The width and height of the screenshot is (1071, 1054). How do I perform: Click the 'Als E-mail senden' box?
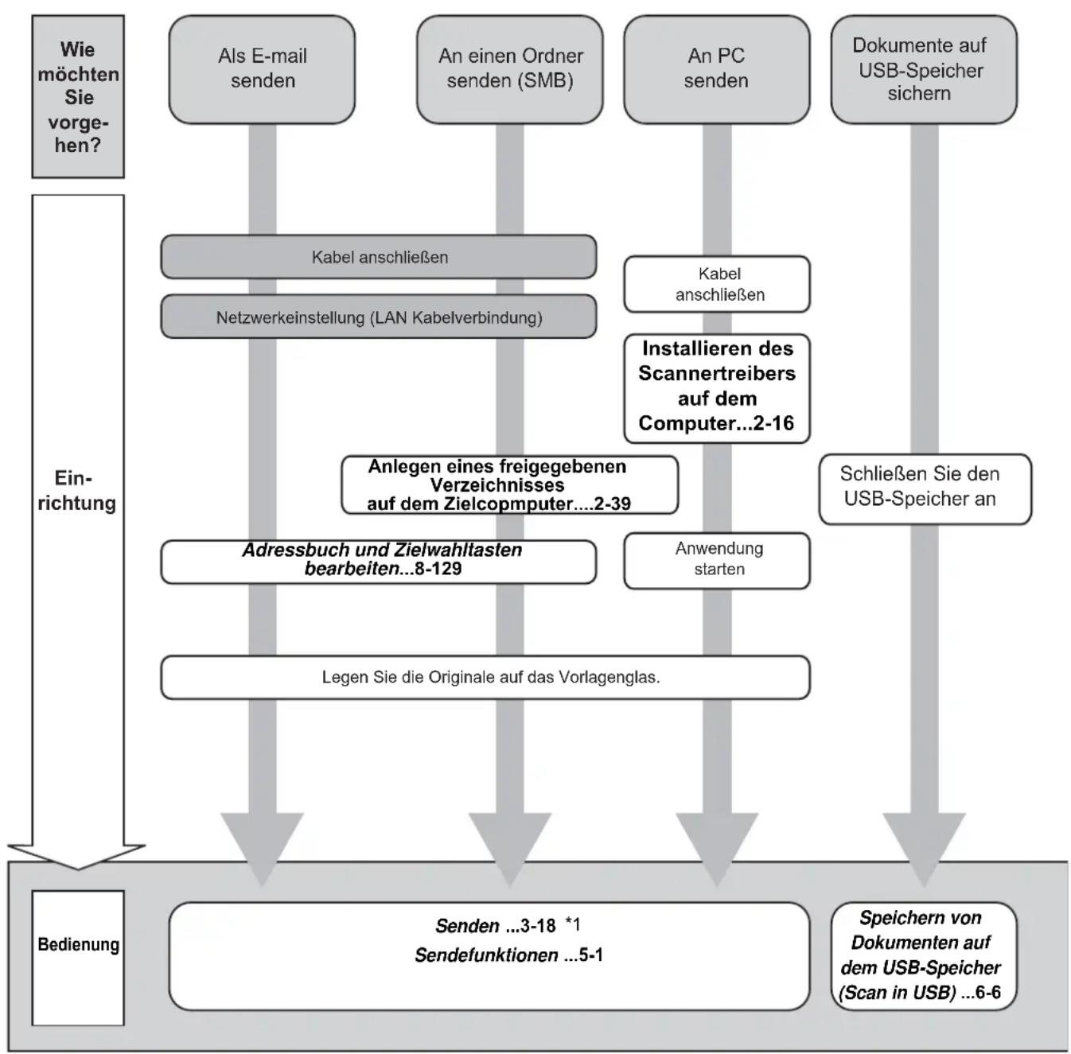(x=262, y=69)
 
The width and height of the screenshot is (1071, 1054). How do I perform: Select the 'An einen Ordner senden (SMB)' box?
(x=510, y=69)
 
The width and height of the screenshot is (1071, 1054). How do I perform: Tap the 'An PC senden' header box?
(x=716, y=69)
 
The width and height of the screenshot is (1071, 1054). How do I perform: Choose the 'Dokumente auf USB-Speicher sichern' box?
(x=924, y=69)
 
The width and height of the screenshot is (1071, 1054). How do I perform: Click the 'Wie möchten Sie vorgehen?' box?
(x=78, y=97)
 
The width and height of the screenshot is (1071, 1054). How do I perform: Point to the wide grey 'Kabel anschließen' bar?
(x=379, y=257)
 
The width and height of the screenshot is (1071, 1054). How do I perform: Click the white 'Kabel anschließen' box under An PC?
(x=716, y=284)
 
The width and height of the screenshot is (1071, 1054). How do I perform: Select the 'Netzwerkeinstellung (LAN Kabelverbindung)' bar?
(x=379, y=317)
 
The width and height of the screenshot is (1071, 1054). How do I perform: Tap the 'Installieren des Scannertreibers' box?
(x=716, y=388)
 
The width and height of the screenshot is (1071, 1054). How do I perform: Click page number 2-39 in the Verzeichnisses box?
(x=613, y=504)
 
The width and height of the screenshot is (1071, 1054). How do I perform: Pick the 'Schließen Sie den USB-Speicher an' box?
(x=925, y=489)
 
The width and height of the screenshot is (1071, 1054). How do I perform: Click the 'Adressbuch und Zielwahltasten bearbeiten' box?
(x=379, y=562)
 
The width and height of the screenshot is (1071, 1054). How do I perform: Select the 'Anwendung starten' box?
(x=716, y=561)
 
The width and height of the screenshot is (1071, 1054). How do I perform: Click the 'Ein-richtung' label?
(x=76, y=490)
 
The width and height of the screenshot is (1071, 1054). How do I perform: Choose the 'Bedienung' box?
(x=78, y=958)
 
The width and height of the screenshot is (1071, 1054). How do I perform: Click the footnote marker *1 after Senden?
(x=572, y=924)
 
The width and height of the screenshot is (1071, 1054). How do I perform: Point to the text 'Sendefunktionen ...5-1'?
(x=508, y=955)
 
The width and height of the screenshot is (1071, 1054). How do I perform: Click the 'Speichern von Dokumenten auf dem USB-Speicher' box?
(x=924, y=956)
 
